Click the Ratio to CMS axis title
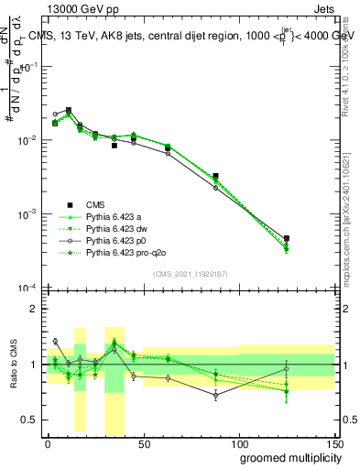(x=14, y=365)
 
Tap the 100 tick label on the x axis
(x=239, y=443)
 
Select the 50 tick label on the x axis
(x=143, y=443)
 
